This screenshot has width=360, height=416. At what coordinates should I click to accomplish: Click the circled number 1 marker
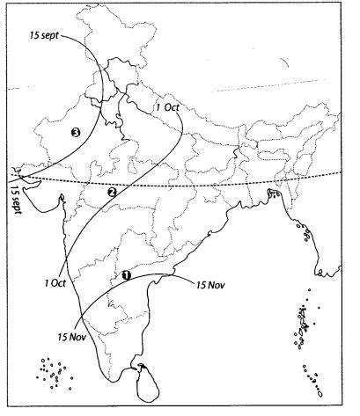[126, 275]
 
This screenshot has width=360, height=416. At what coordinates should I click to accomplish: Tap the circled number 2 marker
[112, 192]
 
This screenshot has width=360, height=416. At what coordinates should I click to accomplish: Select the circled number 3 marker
[76, 133]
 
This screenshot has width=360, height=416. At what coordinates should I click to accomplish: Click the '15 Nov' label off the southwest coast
[70, 335]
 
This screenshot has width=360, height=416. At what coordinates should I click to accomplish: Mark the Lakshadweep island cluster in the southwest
[54, 371]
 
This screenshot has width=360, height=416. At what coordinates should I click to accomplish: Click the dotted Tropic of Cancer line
[220, 186]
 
